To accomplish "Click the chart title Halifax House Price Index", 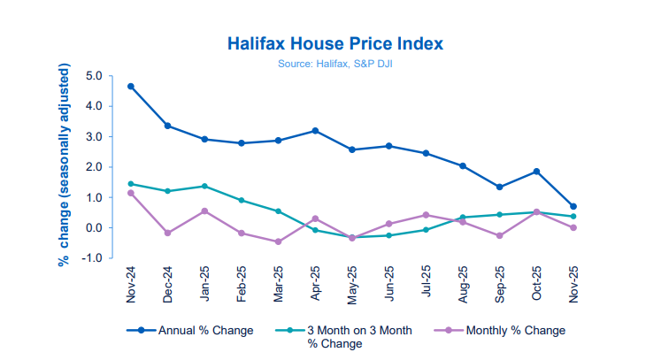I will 334,43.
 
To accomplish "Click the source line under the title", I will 334,64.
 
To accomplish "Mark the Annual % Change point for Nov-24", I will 131,87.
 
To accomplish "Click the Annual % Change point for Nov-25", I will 573,207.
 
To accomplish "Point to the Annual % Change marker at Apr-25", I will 315,131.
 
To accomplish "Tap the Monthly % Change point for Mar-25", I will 278,241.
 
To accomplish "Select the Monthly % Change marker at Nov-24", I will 131,193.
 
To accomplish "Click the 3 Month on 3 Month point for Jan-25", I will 204,187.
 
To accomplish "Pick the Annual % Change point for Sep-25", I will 499,187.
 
